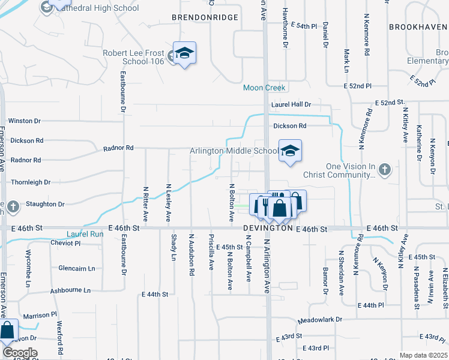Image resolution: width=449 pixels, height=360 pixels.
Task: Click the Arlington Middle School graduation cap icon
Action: [x=290, y=150]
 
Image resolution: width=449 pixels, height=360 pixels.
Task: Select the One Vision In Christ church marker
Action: [x=385, y=170]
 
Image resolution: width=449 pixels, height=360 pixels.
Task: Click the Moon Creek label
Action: [x=265, y=88]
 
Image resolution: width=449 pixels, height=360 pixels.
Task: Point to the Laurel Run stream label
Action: [x=85, y=234]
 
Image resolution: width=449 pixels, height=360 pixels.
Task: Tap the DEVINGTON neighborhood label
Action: [x=267, y=229]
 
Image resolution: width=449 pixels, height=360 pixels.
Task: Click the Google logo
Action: [x=19, y=353]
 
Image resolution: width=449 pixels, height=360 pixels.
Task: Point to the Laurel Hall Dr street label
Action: [x=291, y=104]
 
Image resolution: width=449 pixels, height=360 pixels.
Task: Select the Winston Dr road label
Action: [x=25, y=121]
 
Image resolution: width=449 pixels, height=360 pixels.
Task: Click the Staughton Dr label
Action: [x=44, y=205]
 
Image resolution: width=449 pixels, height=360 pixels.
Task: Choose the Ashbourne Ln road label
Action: [x=70, y=290]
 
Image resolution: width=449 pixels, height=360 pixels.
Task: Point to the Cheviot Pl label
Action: [x=65, y=243]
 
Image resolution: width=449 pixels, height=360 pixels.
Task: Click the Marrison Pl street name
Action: [x=40, y=314]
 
